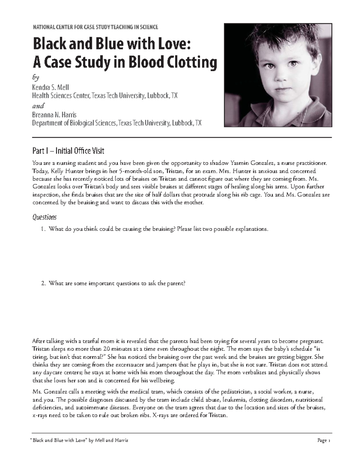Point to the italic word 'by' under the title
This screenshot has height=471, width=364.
coord(35,78)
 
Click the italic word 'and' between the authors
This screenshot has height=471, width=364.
coord(38,106)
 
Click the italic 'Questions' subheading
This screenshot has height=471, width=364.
coord(44,217)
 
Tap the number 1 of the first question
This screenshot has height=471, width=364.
coord(42,229)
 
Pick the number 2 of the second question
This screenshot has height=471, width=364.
coord(43,283)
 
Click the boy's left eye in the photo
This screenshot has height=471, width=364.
coord(293,64)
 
